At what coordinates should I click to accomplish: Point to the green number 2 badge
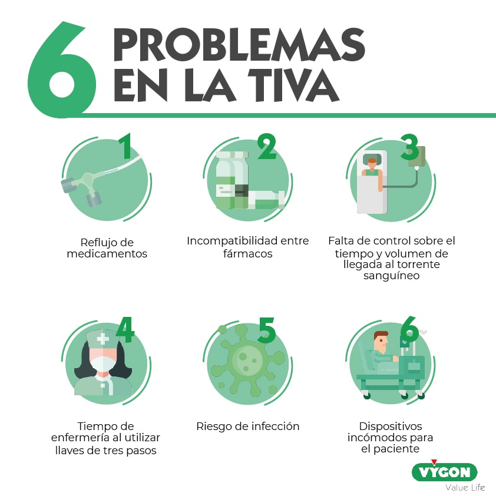(266, 147)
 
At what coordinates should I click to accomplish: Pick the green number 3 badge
(410, 147)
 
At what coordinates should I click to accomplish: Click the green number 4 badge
(124, 330)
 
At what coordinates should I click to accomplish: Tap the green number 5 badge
(266, 330)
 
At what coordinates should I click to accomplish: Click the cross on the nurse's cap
(104, 339)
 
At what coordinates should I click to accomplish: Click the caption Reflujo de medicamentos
(107, 248)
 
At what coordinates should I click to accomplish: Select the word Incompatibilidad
(225, 241)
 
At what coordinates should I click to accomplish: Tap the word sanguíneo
(391, 275)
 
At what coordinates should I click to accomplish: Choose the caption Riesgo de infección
(247, 426)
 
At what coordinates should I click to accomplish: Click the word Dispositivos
(391, 426)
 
